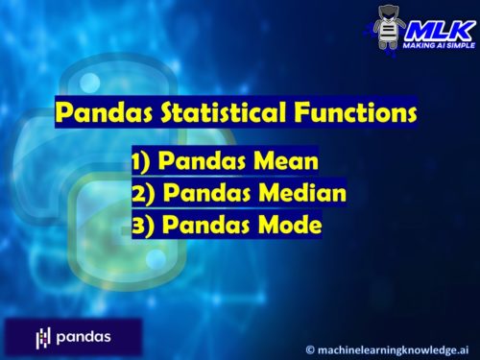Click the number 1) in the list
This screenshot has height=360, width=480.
pos(145,161)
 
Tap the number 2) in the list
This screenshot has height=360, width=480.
pos(145,194)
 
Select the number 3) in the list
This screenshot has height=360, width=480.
pos(145,227)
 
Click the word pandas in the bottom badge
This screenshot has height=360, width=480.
pos(83,337)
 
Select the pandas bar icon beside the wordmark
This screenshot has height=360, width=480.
pos(43,338)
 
